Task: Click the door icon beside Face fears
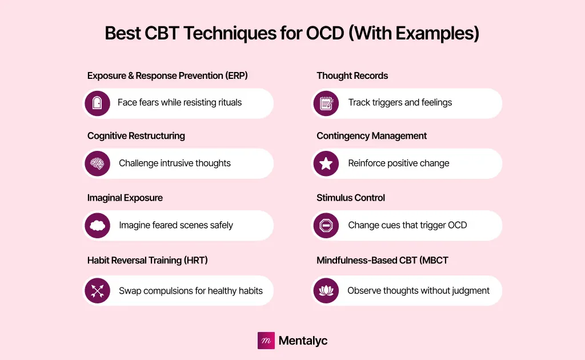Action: [97, 103]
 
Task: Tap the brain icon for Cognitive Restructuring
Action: [97, 163]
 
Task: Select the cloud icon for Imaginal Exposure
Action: [97, 225]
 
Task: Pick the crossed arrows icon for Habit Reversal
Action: [97, 291]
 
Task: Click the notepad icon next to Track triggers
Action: [326, 103]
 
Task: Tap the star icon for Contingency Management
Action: [326, 163]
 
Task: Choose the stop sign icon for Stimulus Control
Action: [326, 225]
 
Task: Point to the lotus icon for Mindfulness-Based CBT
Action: [326, 291]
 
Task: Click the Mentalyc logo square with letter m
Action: [266, 341]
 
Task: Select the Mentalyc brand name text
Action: [303, 341]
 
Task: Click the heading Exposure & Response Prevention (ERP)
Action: [167, 75]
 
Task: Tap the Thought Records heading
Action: [352, 75]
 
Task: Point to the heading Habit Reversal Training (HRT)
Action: [147, 261]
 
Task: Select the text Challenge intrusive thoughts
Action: [175, 163]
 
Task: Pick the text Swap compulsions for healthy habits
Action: [191, 291]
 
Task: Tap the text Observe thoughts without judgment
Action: [418, 291]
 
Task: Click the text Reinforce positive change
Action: [399, 163]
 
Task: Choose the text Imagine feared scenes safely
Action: [176, 225]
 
